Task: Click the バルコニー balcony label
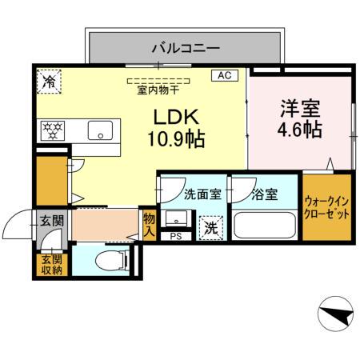point(186,49)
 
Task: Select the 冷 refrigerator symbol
point(50,81)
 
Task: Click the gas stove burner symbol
point(54,129)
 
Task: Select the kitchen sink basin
point(102,130)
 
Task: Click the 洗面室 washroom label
point(200,193)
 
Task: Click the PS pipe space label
point(175,237)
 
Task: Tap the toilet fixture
point(109,260)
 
